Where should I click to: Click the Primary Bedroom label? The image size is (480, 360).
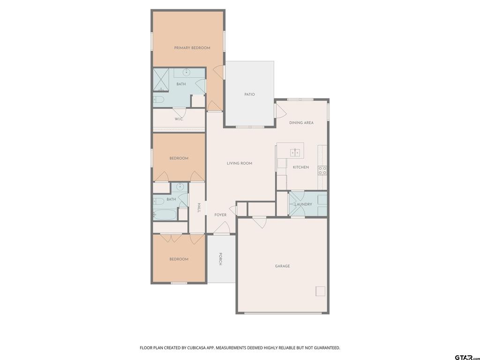[x=192, y=48]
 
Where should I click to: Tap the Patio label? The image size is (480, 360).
[x=249, y=94]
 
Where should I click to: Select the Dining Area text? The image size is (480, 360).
[x=301, y=123]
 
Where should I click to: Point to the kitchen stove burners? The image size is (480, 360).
[x=322, y=171]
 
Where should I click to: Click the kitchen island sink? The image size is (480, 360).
[x=295, y=152]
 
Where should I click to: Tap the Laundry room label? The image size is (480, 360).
[x=303, y=204]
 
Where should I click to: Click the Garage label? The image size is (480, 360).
[x=282, y=266]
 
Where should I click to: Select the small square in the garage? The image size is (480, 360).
[x=320, y=291]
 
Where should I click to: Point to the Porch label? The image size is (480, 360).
[x=220, y=259]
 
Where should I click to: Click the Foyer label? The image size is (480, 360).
[x=220, y=215]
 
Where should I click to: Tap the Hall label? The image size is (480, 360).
[x=199, y=208]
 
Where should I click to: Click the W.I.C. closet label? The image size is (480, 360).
[x=179, y=119]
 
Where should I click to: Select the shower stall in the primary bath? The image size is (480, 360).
[x=161, y=80]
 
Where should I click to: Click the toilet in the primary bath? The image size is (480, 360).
[x=158, y=99]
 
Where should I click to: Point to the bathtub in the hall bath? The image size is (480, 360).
[x=165, y=215]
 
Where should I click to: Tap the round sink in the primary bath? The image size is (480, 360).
[x=187, y=72]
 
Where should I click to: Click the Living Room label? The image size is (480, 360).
[x=240, y=163]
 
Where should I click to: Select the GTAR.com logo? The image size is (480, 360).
[x=467, y=357]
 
